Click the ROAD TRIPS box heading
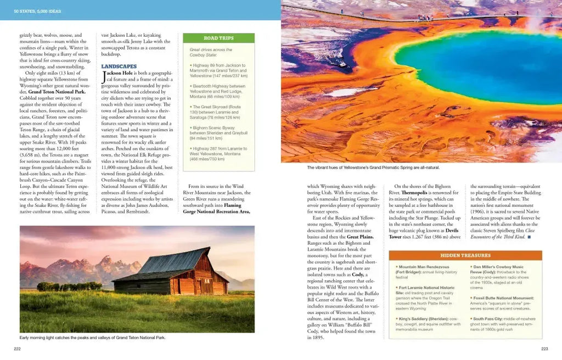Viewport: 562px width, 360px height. pos(218,38)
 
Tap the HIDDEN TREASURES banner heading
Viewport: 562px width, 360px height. pos(465,255)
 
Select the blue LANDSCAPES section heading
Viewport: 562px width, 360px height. pos(119,66)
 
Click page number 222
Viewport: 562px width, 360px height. pos(18,348)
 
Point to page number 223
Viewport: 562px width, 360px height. pos(544,348)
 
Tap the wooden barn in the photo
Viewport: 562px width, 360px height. pos(172,274)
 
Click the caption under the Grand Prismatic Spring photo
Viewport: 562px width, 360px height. pos(373,167)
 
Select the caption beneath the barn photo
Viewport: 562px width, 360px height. pos(92,337)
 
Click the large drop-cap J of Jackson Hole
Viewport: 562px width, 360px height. pos(104,77)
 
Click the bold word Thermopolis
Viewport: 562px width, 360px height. pos(417,193)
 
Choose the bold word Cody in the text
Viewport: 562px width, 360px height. pos(358,274)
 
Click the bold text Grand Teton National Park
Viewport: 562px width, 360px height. pos(53,92)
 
